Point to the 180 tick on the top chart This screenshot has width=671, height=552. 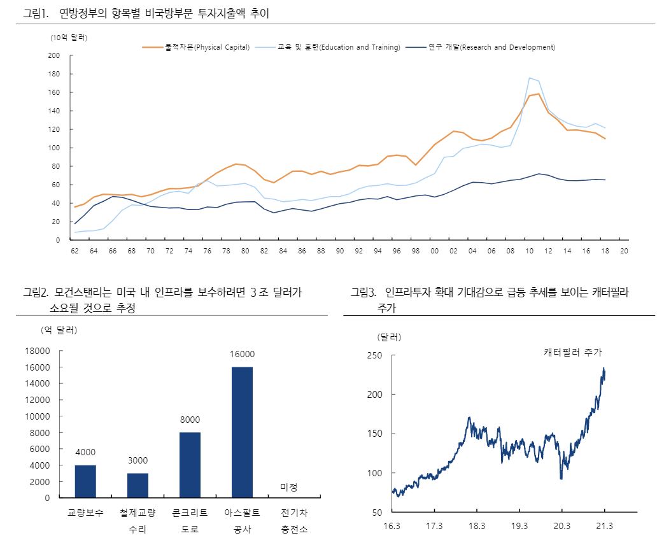click(53, 74)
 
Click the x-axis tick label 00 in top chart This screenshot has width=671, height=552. click(435, 251)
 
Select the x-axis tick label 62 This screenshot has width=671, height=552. click(74, 251)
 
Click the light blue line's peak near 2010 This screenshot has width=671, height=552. click(530, 78)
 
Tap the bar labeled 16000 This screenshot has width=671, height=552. click(242, 432)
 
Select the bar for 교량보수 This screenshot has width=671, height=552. click(85, 481)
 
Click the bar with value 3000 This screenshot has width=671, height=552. click(138, 485)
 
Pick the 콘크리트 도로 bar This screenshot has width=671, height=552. click(190, 465)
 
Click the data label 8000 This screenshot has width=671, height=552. click(190, 420)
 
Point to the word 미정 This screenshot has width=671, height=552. click(289, 487)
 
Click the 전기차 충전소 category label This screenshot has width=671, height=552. click(294, 520)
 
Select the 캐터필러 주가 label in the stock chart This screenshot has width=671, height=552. click(572, 352)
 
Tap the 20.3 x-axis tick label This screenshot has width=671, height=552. click(562, 526)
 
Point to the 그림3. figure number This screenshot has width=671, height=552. click(364, 292)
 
